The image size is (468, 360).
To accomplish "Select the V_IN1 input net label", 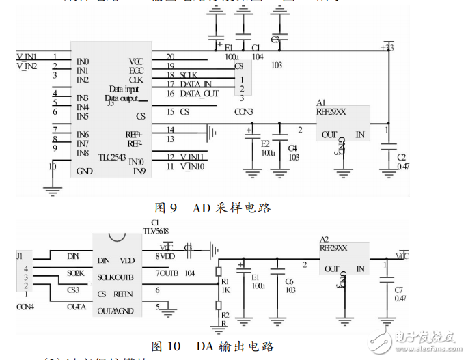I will click(x=27, y=56).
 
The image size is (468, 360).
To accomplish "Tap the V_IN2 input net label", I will click(x=27, y=66).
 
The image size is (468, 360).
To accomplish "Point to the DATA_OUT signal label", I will click(x=199, y=94).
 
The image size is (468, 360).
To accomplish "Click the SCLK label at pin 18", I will click(x=189, y=75).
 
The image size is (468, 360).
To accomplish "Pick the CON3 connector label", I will click(x=243, y=111).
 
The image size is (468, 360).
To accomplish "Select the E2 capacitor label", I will click(x=265, y=143).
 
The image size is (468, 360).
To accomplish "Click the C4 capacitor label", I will click(x=292, y=147).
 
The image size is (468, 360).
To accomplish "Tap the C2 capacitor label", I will click(x=402, y=157).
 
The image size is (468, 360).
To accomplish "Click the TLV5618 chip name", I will click(x=155, y=231).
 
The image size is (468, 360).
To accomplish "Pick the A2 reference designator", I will click(x=325, y=239).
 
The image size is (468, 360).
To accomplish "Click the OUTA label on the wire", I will click(x=76, y=307).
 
